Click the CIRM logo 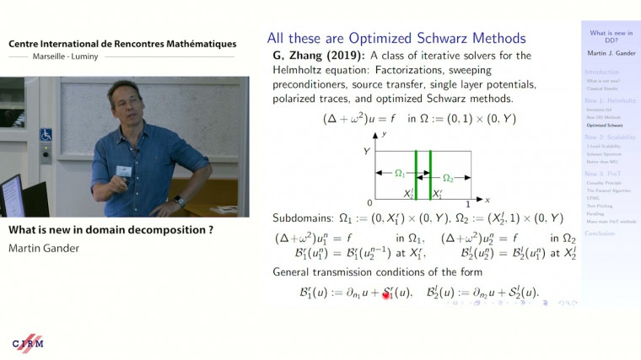(29, 343)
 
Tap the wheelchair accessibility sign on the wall (46, 134)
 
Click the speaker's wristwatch (180, 201)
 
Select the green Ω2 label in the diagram (449, 178)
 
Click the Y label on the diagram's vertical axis (367, 150)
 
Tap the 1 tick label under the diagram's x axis (468, 204)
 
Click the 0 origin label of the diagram (370, 204)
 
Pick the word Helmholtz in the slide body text (295, 69)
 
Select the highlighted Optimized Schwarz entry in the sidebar (605, 125)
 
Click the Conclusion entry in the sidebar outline (600, 233)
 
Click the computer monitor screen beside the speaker (10, 196)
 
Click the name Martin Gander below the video (41, 248)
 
